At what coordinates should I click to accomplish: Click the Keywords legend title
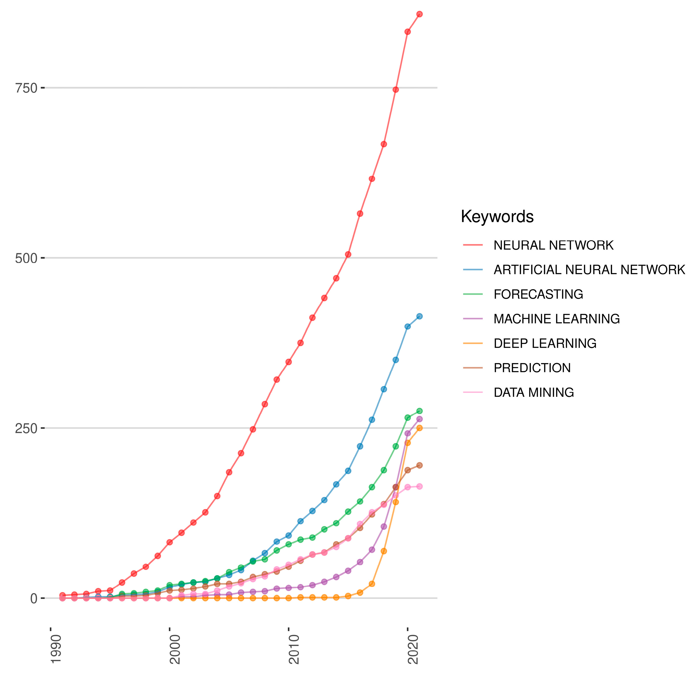click(497, 216)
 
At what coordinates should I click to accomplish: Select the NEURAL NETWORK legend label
click(553, 245)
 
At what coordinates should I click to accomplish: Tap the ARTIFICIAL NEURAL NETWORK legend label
click(589, 270)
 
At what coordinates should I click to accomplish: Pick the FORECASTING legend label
click(538, 294)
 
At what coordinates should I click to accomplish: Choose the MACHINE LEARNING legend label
click(556, 319)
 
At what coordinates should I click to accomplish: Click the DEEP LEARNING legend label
click(545, 343)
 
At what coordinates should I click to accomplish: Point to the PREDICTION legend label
click(532, 368)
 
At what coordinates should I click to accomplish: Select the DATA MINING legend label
click(533, 392)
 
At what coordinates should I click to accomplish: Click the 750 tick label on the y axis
click(26, 88)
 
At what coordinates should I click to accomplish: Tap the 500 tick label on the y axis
click(26, 258)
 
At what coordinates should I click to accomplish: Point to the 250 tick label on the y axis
click(26, 428)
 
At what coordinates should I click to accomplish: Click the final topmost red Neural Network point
click(419, 14)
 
